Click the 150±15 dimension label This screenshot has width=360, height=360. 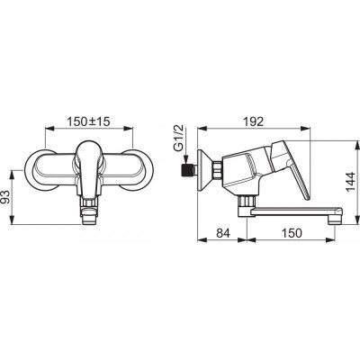coord(88,121)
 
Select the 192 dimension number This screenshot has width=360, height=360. coord(254,121)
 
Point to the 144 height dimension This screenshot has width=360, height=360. coord(350,181)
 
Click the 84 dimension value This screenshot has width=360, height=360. coord(223,233)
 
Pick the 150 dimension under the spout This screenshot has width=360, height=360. coord(292,233)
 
